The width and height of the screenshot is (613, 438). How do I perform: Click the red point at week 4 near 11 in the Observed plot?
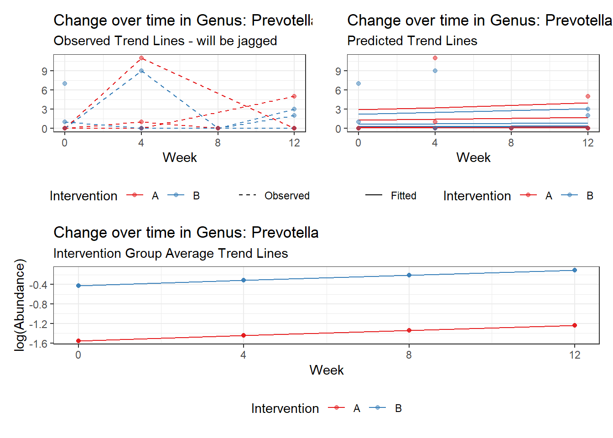pos(141,58)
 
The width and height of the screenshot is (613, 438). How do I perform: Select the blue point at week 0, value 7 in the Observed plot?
pos(65,83)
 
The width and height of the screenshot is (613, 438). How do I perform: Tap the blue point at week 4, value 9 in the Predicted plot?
pos(435,71)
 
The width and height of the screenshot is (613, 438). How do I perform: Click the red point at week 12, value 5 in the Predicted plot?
pos(587,96)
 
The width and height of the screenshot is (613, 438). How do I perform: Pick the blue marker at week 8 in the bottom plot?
pos(409,275)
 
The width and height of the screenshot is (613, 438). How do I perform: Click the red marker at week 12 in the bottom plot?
pos(575,325)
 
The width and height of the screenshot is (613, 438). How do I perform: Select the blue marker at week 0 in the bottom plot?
pos(78,286)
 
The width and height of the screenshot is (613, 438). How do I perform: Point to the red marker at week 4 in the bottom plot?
pos(244,335)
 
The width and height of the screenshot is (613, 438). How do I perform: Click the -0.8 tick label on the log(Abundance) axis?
pos(38,304)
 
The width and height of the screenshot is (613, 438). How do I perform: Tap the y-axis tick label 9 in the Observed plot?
pos(44,72)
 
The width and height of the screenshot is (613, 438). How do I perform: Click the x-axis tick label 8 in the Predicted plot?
pos(511,143)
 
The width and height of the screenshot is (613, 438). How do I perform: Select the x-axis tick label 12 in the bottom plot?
pos(575,355)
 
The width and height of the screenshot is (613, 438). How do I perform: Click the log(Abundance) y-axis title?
pos(20,305)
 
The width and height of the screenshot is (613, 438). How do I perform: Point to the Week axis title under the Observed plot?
pos(180,158)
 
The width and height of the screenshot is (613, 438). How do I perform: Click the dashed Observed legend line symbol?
pos(247,195)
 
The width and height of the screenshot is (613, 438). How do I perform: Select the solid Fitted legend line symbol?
pos(374,195)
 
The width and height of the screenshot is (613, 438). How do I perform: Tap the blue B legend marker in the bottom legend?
pos(378,407)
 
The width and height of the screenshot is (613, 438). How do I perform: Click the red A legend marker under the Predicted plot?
pos(528,195)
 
